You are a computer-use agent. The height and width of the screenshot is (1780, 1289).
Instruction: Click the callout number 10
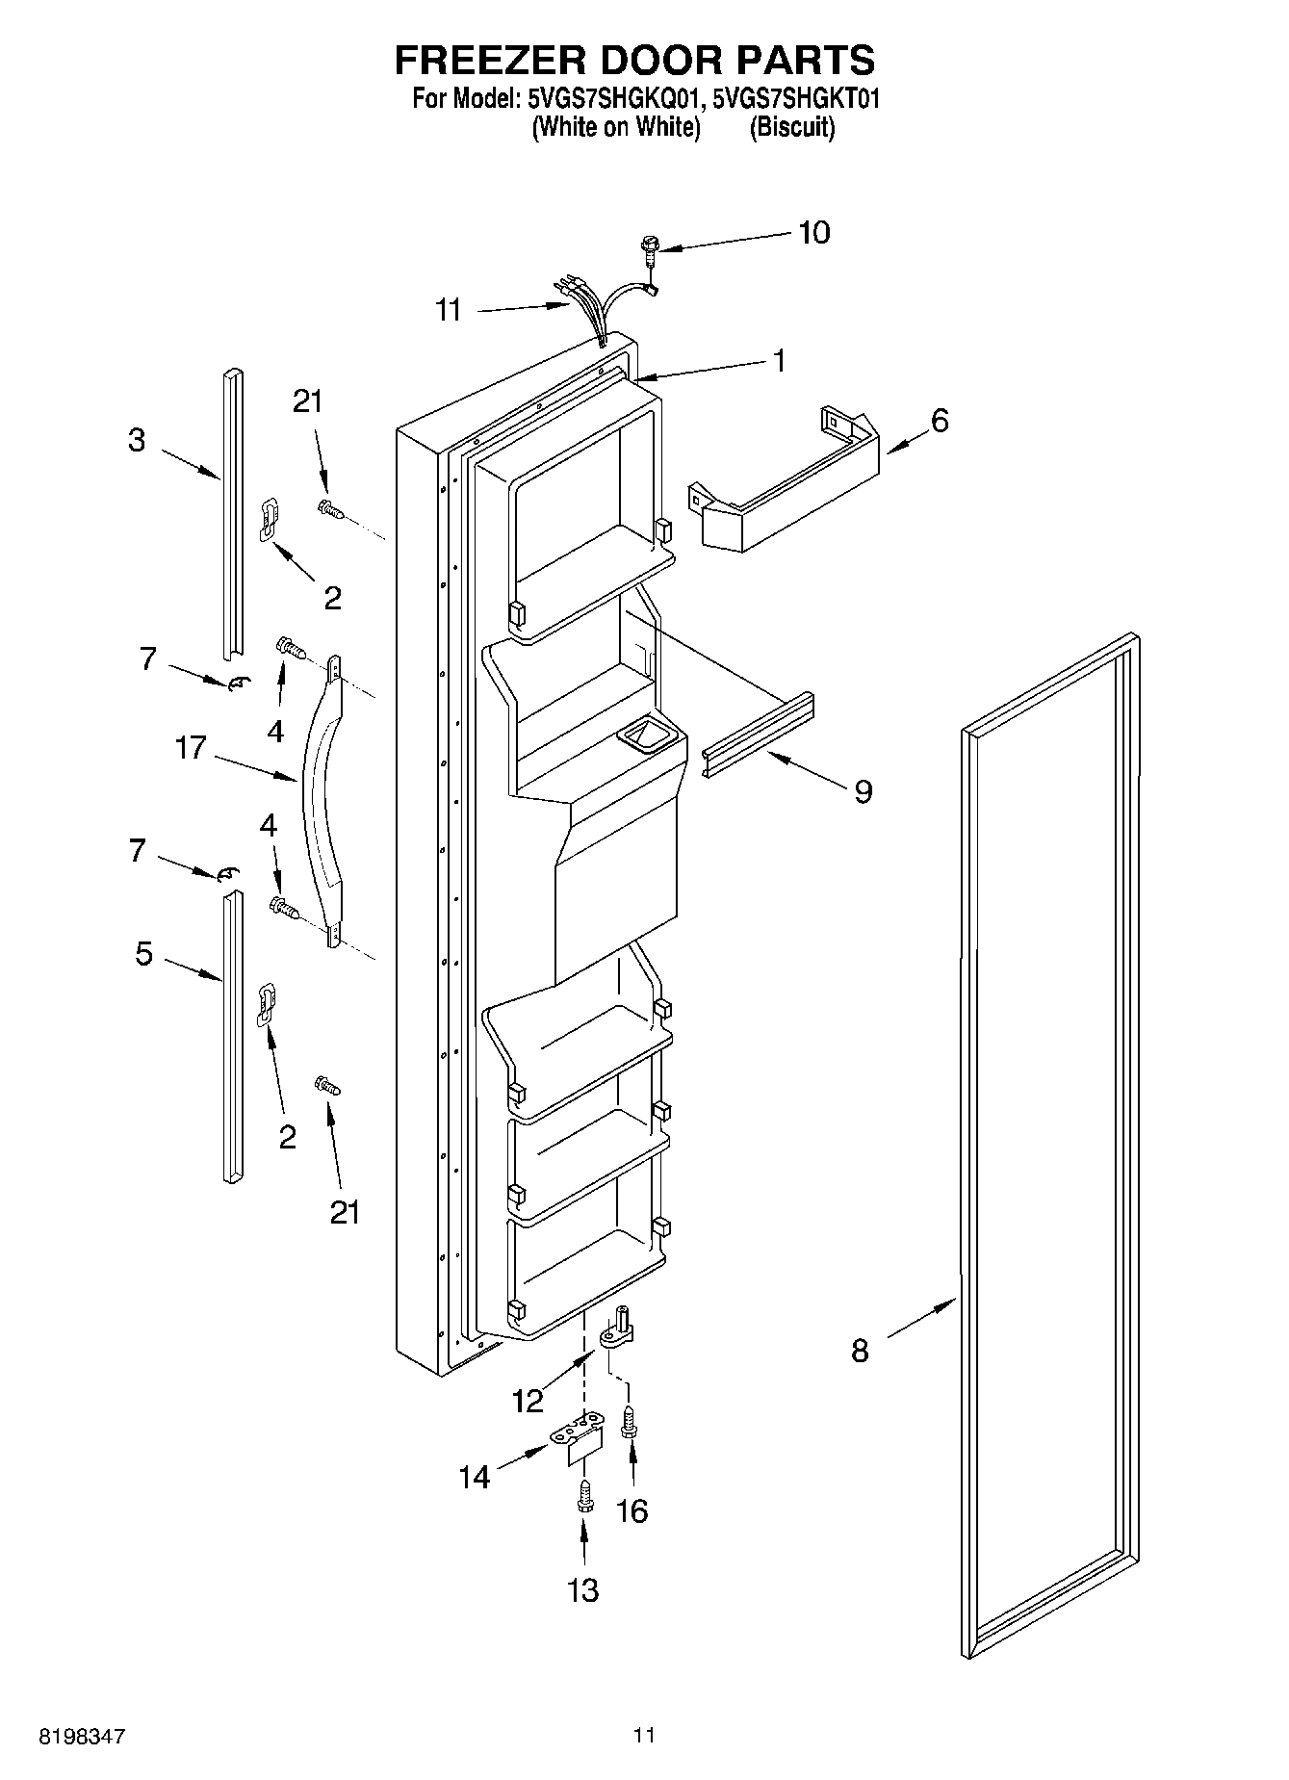813,233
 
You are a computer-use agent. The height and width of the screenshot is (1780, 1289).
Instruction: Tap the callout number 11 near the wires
448,310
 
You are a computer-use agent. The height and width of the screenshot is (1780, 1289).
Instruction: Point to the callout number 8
860,1351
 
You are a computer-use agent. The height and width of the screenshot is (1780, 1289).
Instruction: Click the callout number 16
632,1511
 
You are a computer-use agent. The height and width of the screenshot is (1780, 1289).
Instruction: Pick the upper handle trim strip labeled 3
232,515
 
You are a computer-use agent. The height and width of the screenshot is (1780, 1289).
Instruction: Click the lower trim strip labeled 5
232,1035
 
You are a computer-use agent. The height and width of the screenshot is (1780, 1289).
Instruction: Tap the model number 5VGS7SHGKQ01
609,98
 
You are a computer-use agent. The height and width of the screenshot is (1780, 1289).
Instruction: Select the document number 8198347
82,1736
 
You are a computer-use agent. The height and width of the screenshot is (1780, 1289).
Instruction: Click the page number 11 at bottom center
644,1735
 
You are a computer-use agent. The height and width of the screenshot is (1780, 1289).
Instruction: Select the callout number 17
191,747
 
